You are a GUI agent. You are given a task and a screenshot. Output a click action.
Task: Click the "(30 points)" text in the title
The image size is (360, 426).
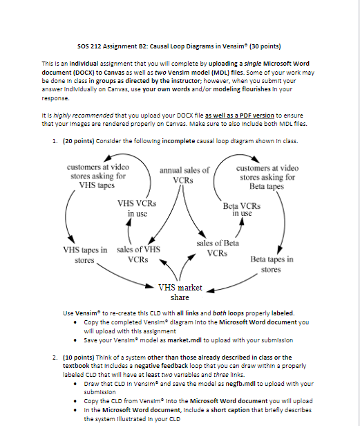(260, 46)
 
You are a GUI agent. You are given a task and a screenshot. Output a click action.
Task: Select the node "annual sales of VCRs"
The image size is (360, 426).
(184, 175)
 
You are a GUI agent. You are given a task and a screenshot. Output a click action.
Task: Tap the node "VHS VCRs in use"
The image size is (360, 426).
(137, 209)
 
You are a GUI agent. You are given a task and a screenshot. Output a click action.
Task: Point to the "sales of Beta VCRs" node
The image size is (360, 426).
(218, 248)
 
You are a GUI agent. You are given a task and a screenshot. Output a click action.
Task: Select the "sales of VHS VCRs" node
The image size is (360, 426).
(139, 254)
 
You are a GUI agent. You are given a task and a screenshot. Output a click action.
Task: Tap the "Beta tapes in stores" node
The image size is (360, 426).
(272, 265)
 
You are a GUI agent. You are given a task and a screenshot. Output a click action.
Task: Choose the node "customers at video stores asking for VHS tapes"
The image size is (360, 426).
(97, 176)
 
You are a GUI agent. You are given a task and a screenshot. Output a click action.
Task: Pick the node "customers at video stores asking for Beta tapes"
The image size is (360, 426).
(267, 177)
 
